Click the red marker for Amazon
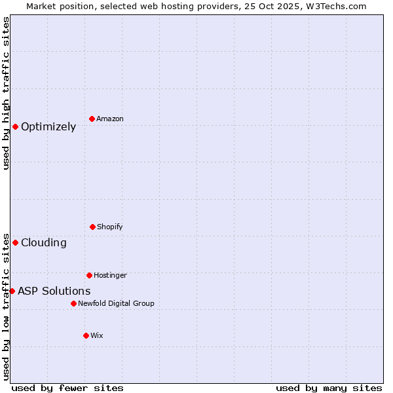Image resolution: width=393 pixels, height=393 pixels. (x=92, y=119)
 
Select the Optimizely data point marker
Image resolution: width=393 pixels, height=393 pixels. (x=15, y=126)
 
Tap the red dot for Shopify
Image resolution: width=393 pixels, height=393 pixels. (x=92, y=227)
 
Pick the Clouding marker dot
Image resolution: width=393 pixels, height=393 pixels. (x=15, y=242)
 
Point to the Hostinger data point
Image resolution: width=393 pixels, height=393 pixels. (x=89, y=275)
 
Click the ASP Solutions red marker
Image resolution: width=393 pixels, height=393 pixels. (x=12, y=291)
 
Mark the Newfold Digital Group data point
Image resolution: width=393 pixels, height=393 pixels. (x=73, y=303)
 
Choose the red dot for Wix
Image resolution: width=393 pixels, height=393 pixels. (x=86, y=335)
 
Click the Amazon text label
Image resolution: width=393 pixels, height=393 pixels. (x=110, y=119)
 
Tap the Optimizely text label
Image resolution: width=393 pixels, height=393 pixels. (x=48, y=127)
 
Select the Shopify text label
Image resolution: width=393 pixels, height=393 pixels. (x=110, y=227)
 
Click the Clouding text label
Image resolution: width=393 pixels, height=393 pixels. (x=44, y=243)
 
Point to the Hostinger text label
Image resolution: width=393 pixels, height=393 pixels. (x=110, y=276)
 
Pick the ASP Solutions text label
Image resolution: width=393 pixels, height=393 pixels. (x=54, y=291)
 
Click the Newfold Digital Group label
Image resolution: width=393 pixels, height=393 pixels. (x=116, y=304)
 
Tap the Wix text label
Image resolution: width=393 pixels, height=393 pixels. (x=97, y=336)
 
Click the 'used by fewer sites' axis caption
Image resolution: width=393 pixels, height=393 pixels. (x=67, y=388)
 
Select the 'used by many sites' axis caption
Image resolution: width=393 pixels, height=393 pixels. (x=329, y=388)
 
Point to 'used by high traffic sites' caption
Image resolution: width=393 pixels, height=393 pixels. (x=6, y=93)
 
